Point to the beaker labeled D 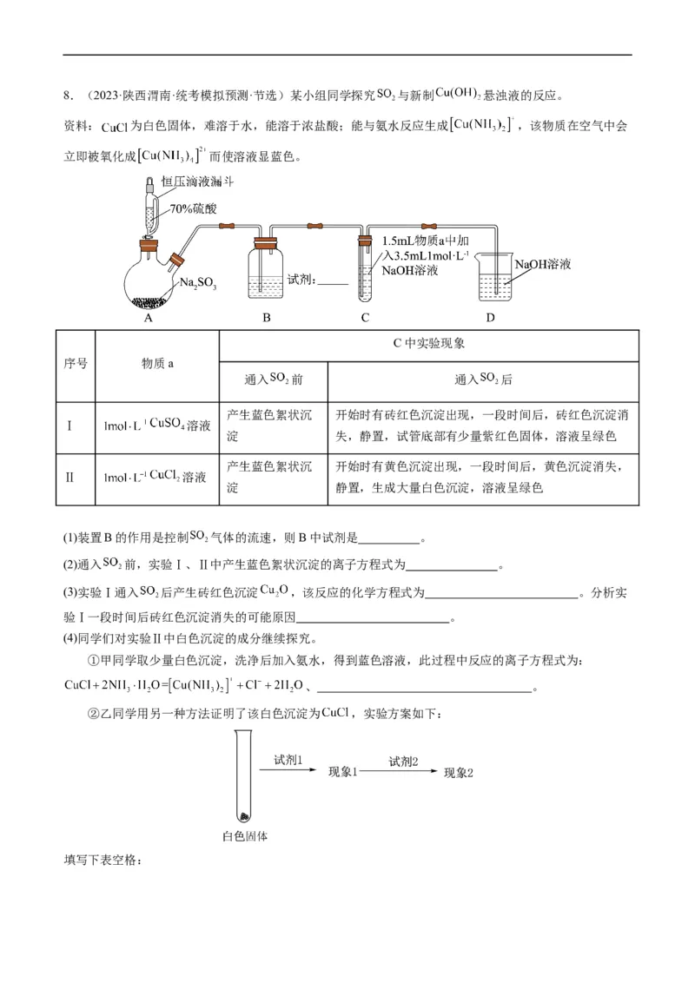pyautogui.click(x=491, y=280)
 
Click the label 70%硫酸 pyautogui.click(x=193, y=209)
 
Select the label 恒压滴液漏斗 pyautogui.click(x=201, y=182)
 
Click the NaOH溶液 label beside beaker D pyautogui.click(x=542, y=263)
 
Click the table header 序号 pyautogui.click(x=76, y=364)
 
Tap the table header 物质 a pyautogui.click(x=157, y=364)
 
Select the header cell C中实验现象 pyautogui.click(x=429, y=343)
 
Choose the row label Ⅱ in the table pyautogui.click(x=70, y=477)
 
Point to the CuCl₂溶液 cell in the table pyautogui.click(x=157, y=477)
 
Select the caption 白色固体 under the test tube pyautogui.click(x=244, y=837)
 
